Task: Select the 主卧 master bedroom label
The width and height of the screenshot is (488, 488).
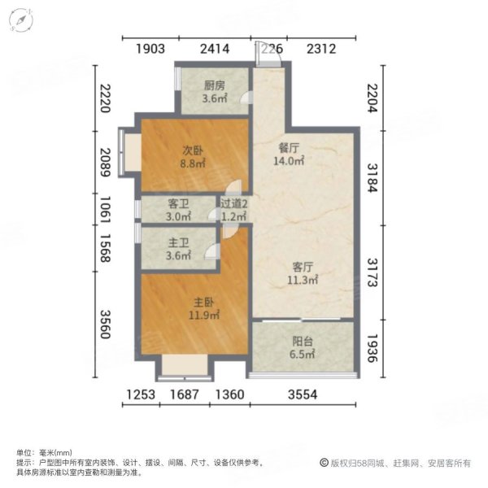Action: [193, 303]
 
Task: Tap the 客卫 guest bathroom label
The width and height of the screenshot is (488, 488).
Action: [178, 204]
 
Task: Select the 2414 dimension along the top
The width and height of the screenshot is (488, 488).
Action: [214, 49]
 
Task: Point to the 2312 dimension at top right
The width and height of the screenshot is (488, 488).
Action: [320, 49]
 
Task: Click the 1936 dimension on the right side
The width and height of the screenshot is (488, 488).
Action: [373, 347]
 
